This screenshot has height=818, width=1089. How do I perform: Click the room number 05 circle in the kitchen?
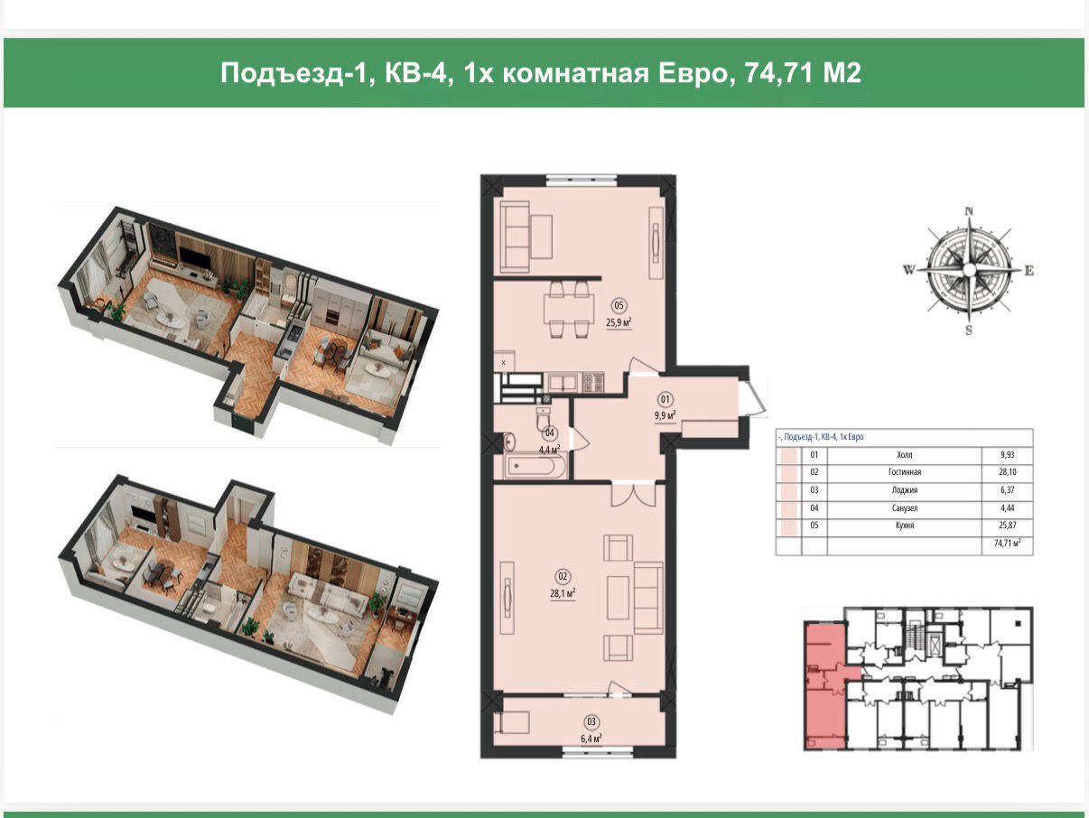pos(619,305)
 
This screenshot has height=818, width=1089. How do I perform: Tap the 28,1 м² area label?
pos(563,593)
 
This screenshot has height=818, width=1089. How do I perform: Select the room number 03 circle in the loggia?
pos(591,722)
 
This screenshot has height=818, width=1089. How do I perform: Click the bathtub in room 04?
pos(535,467)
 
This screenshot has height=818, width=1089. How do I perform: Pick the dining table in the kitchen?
pos(569,309)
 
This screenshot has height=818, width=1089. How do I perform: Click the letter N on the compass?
pos(969,212)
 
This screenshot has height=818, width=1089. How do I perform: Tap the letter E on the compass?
pos(1029,270)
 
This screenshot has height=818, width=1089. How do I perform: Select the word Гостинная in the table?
pos(905,472)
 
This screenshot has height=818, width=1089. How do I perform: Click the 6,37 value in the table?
pos(1007,490)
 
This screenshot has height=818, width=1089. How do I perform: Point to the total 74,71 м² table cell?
pos(1007,544)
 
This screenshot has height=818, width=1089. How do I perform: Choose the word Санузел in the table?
pos(905,508)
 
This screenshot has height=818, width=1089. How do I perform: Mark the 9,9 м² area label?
pos(665,415)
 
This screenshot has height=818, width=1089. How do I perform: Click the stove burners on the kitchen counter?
pos(593,382)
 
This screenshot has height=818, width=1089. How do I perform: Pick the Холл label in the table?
pos(905,454)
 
